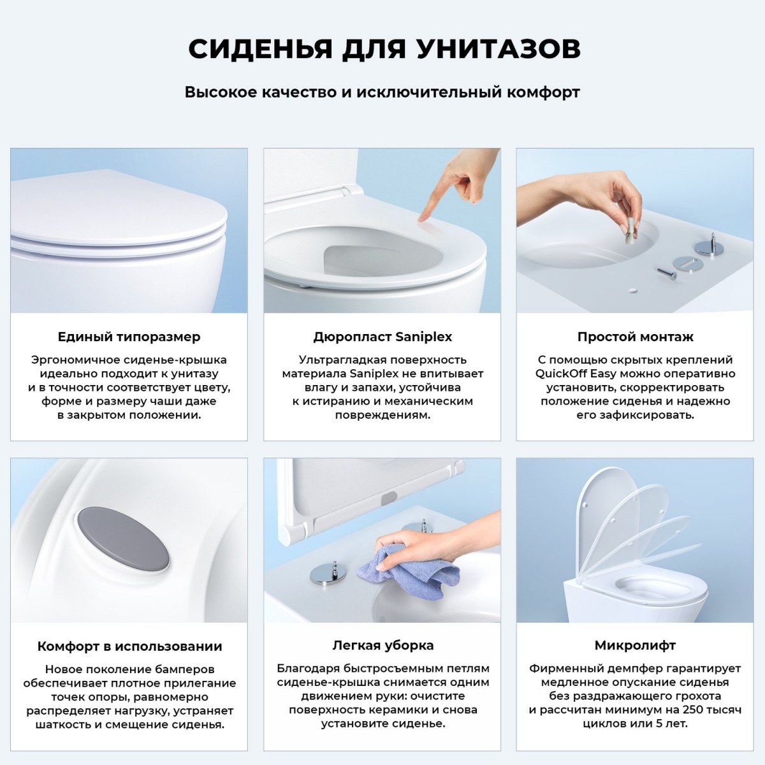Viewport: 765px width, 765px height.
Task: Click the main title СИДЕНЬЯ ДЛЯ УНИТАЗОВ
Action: (383, 49)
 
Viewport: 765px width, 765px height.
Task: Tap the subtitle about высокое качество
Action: (382, 92)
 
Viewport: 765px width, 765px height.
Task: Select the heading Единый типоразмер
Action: (129, 337)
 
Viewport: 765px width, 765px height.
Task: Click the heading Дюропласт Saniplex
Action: (382, 337)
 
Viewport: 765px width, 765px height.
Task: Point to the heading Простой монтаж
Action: (635, 337)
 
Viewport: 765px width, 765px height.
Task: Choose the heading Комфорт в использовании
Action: (129, 646)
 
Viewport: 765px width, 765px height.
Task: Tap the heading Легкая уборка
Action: (382, 645)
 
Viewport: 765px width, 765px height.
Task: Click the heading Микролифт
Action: (635, 645)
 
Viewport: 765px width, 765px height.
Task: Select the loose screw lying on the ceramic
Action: (667, 273)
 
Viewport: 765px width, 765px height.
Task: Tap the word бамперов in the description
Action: (184, 669)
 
